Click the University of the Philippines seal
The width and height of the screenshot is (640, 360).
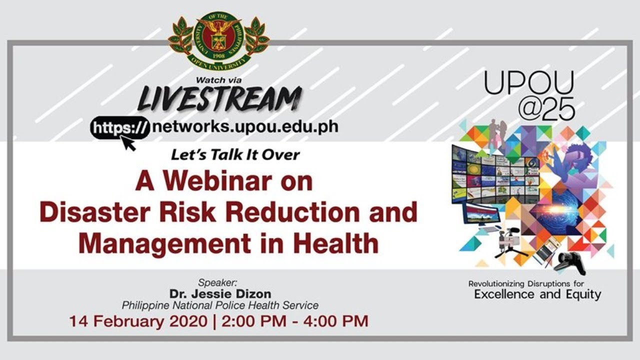coord(219,41)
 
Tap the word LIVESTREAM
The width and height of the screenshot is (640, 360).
coord(219,98)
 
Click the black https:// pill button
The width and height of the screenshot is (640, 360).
coord(120,127)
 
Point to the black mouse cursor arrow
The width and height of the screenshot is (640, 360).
coord(128,143)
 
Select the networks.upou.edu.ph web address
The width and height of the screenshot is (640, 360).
coord(245,126)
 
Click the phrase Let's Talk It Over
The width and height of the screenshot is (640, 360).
coord(235,155)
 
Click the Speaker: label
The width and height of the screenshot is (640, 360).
coord(217,283)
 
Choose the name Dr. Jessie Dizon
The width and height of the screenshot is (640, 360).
coord(220,293)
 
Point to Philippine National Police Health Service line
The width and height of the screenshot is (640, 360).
coord(220,305)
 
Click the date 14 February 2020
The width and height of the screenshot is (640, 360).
coord(138,321)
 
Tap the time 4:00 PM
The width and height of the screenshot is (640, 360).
coord(335,321)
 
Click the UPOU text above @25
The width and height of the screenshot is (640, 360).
coord(529,83)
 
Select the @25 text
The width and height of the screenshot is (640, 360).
coord(546,109)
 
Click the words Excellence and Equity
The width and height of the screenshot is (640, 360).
coord(537,294)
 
